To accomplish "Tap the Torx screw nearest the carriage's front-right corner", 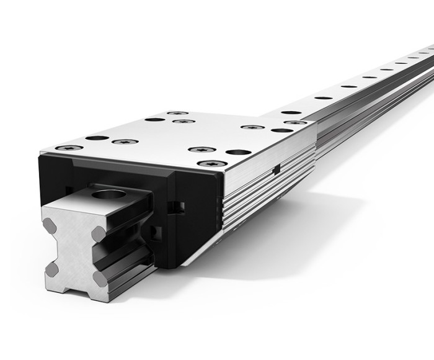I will click(x=208, y=163).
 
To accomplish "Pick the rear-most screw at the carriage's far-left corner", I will click(x=177, y=113).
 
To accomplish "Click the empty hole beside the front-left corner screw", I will click(x=97, y=138).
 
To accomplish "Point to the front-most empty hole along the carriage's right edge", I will click(x=238, y=152).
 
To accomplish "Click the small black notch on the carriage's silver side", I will click(x=278, y=169).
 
